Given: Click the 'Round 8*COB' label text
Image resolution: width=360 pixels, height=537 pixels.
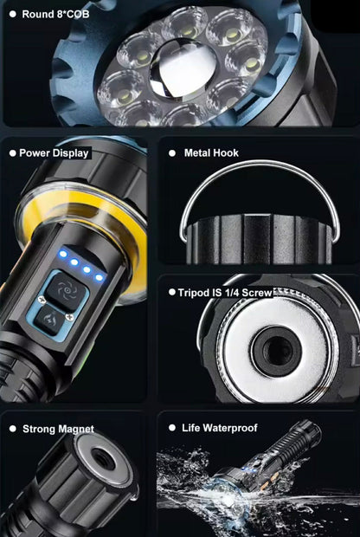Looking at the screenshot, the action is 55,15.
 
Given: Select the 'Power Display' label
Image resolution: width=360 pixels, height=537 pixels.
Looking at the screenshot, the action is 54,153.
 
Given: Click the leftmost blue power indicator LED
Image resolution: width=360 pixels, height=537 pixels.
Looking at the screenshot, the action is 63,254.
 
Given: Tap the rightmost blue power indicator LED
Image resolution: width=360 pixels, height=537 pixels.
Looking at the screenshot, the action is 100,277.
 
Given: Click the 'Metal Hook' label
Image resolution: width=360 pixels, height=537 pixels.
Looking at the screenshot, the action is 211,152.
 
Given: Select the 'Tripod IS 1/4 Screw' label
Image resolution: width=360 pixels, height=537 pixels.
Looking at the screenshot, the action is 225,293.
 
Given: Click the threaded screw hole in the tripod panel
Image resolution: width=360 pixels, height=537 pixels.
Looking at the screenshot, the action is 276,351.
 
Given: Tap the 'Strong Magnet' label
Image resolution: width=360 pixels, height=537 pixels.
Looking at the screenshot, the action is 58,429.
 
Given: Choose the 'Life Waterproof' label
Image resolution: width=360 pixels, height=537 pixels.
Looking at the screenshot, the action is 219,428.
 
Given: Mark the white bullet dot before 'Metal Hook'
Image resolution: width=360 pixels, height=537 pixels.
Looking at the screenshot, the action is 172,153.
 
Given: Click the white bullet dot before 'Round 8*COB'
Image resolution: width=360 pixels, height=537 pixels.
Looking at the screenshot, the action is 13,15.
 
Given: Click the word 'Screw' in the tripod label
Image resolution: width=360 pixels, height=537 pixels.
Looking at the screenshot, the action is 257,293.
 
